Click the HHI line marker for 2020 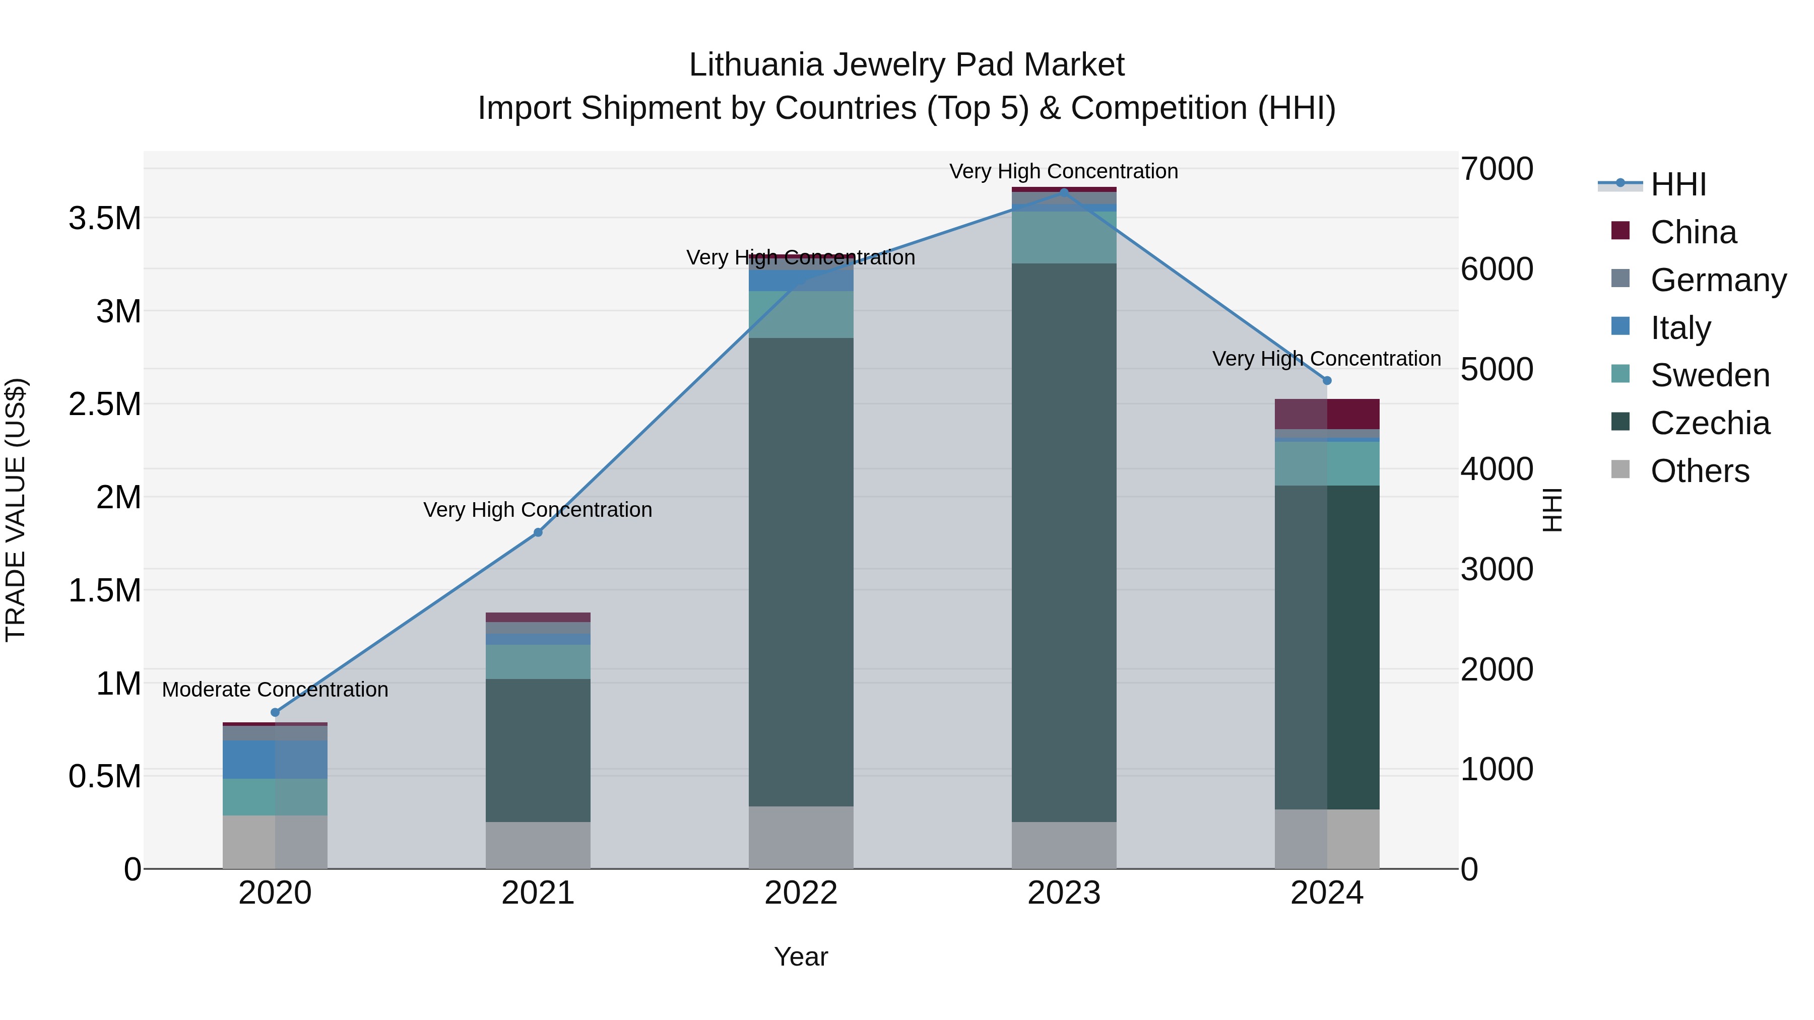click(x=275, y=712)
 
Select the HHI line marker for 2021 click(x=538, y=532)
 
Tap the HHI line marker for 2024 click(x=1327, y=381)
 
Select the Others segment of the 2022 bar click(x=801, y=837)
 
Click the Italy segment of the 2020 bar click(x=275, y=759)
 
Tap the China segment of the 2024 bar click(x=1327, y=414)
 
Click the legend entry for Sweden click(x=1709, y=375)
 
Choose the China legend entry click(x=1693, y=232)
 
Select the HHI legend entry click(x=1677, y=184)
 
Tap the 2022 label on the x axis click(x=801, y=893)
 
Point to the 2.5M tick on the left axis click(x=104, y=404)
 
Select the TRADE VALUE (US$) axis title click(x=16, y=510)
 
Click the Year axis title click(x=801, y=957)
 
